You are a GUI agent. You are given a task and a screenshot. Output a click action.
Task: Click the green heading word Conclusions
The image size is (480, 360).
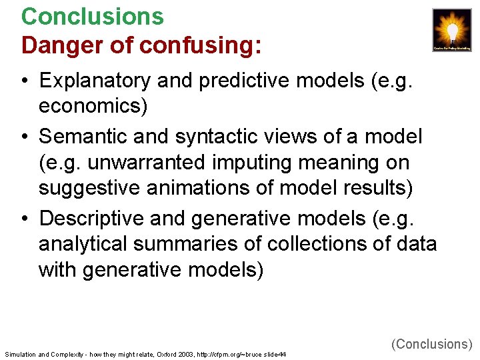point(92,16)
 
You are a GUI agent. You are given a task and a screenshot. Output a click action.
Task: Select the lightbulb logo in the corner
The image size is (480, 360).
point(452,31)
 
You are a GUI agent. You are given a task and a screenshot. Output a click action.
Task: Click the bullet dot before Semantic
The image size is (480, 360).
point(23,137)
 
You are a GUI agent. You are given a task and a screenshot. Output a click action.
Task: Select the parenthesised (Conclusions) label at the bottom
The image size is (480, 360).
point(432,344)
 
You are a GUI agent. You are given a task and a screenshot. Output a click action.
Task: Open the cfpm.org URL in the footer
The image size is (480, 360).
point(223,354)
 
